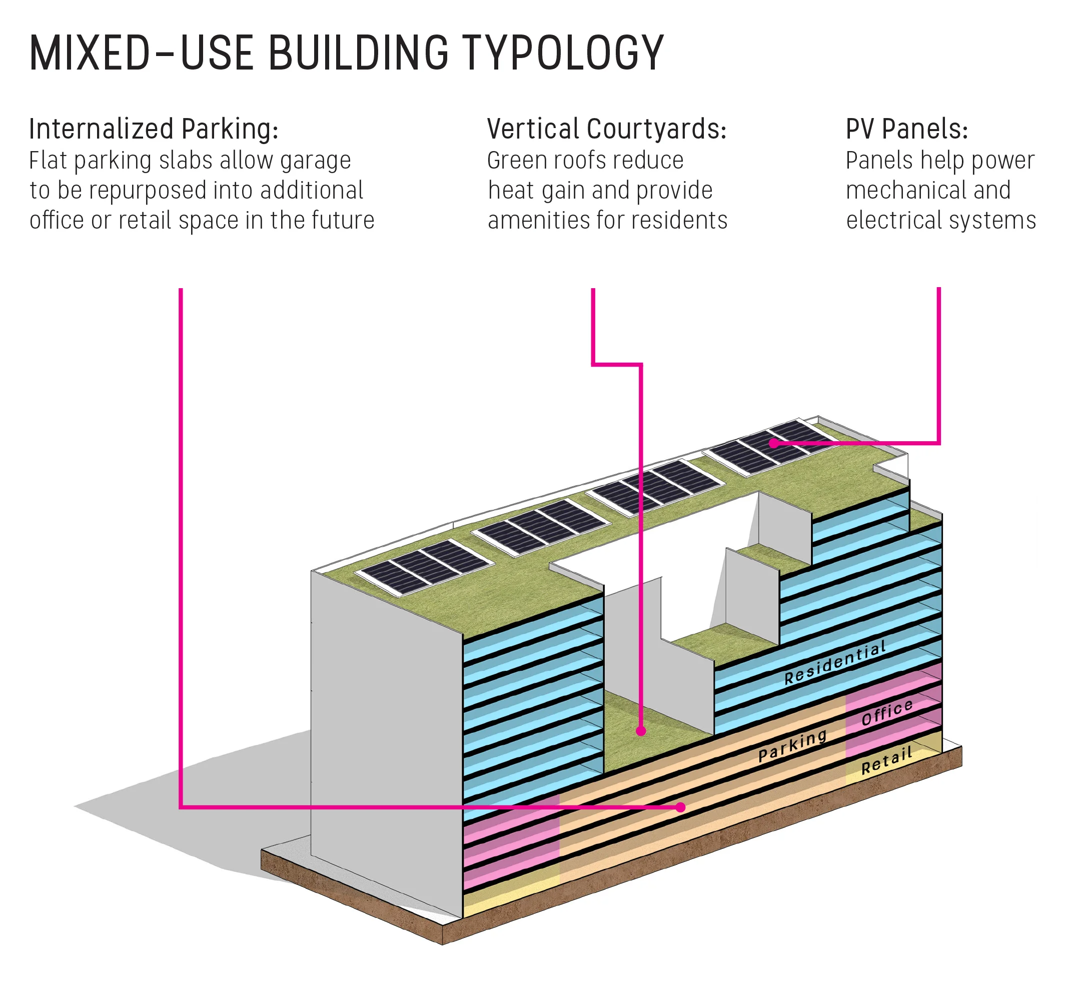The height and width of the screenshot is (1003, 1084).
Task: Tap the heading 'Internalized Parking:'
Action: point(154,129)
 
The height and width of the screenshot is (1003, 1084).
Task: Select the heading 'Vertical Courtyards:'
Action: point(606,129)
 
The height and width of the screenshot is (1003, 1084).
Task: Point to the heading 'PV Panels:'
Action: point(906,129)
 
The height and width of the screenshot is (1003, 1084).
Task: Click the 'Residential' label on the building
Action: point(835,662)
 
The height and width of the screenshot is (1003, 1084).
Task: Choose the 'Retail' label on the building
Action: point(886,760)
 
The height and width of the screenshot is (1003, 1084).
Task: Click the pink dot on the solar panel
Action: point(773,443)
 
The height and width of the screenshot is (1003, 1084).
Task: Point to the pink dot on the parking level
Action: point(681,807)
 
